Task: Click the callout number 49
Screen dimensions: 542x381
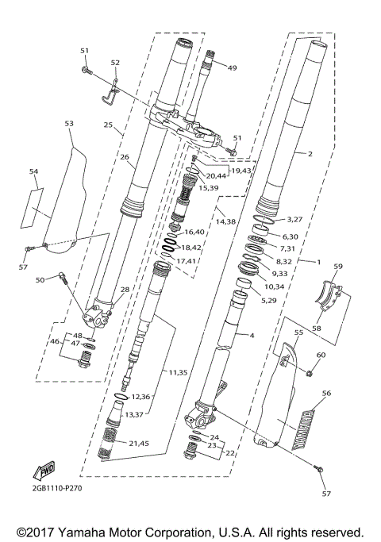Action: click(x=233, y=67)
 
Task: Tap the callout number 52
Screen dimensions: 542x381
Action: click(x=115, y=63)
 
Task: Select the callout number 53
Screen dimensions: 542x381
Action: click(x=68, y=124)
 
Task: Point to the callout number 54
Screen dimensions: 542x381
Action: click(x=33, y=171)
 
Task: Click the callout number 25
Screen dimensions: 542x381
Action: click(x=108, y=125)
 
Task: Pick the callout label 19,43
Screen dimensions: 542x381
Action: click(x=241, y=171)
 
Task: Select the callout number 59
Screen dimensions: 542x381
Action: click(x=337, y=267)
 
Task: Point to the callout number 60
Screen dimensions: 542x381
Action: click(x=321, y=355)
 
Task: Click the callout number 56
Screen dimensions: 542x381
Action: click(x=326, y=393)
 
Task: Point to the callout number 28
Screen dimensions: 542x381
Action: click(x=125, y=290)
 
